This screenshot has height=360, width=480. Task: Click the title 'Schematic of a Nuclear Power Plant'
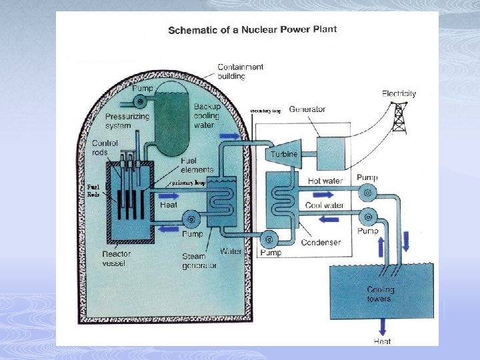click(252, 30)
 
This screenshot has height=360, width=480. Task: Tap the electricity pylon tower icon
click(399, 119)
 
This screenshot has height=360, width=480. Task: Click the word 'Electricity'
click(399, 93)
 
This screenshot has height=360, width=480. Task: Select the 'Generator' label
click(307, 109)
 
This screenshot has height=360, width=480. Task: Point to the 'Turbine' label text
click(283, 154)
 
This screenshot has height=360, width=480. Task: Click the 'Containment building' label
click(241, 71)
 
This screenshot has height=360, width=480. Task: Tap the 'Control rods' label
click(105, 148)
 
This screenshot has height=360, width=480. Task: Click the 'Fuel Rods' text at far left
click(93, 191)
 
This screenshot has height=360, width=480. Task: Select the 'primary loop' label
click(188, 182)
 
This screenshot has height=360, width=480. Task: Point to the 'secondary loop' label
click(265, 111)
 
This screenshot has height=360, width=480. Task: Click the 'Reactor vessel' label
click(117, 258)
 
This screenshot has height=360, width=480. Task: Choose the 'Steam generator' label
click(199, 261)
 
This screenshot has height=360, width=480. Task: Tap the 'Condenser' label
click(320, 242)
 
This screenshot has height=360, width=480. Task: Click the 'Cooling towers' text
click(381, 294)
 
